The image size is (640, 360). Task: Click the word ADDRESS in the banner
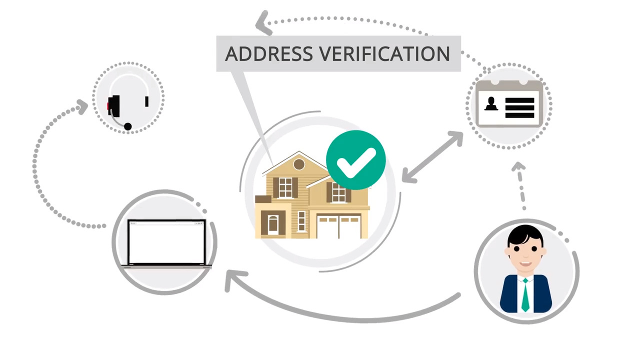click(x=269, y=53)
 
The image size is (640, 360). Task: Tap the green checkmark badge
click(x=355, y=160)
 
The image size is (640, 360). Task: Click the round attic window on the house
click(x=299, y=164)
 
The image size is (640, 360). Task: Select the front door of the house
click(x=273, y=225)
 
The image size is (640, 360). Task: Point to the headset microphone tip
click(x=127, y=126)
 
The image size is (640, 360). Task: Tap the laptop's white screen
click(x=167, y=242)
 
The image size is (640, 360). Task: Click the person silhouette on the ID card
click(x=491, y=103)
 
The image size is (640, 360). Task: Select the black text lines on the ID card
click(x=519, y=107)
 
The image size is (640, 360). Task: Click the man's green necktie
click(x=525, y=295)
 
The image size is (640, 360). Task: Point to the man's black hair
click(x=525, y=235)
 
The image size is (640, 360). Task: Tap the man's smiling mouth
click(x=525, y=264)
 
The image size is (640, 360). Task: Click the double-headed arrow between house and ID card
click(x=432, y=156)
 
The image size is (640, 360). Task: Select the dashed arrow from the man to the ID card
click(x=520, y=185)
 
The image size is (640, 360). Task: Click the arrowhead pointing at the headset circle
click(x=82, y=107)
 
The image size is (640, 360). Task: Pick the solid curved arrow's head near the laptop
click(x=233, y=280)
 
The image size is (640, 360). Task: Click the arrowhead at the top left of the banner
click(x=262, y=23)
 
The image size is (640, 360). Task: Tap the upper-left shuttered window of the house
click(x=285, y=187)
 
